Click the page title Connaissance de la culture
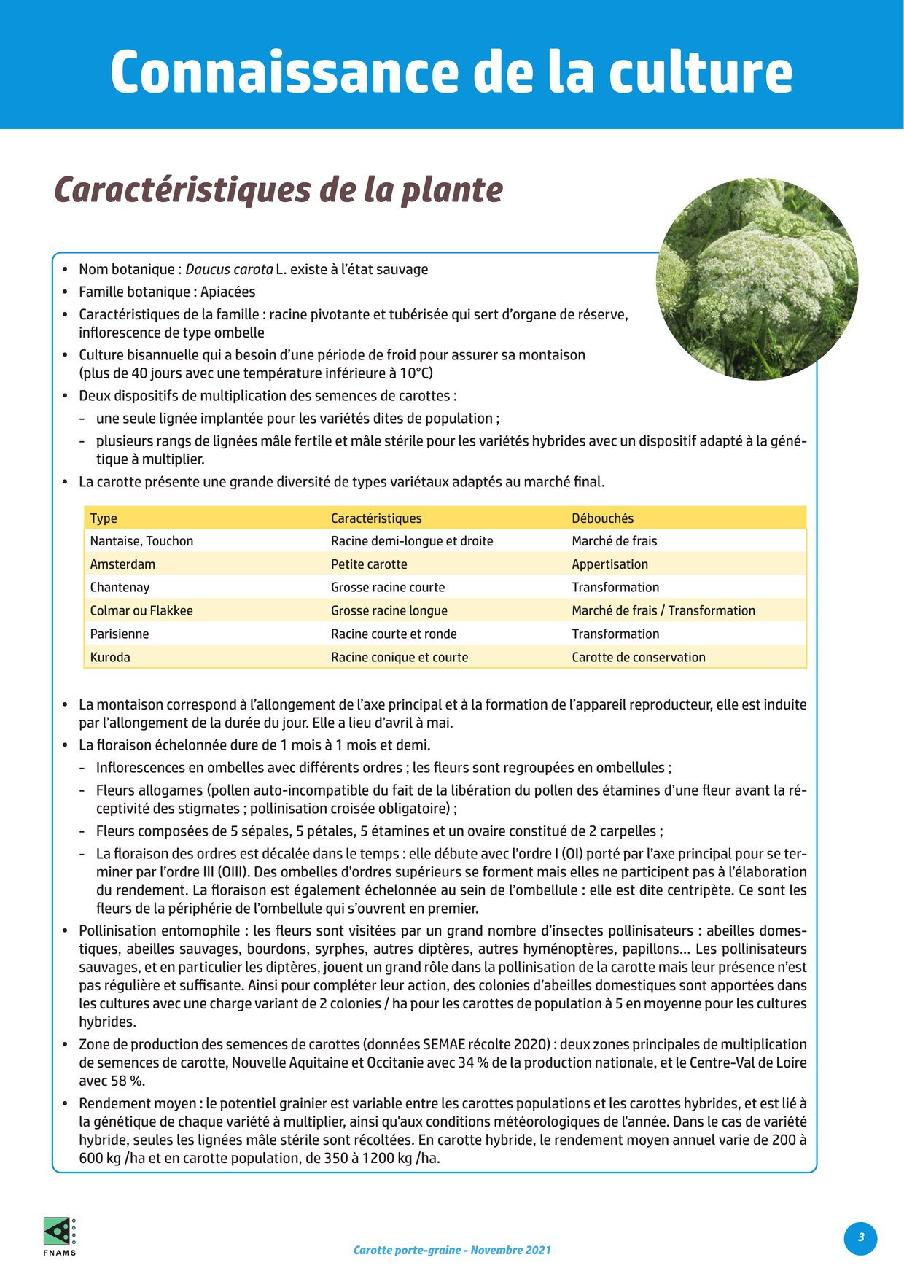[451, 71]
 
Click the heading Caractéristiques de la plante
[278, 190]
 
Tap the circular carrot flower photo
[757, 279]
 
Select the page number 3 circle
[860, 1237]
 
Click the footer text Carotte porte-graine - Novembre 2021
[452, 1250]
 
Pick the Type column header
[104, 518]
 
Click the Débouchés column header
[602, 518]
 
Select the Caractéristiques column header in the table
[376, 518]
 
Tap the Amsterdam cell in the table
[122, 564]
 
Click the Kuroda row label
[110, 657]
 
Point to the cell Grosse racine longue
[389, 611]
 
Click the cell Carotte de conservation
[639, 657]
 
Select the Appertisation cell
[609, 564]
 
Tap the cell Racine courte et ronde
[394, 634]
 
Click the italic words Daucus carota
[230, 269]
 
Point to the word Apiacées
[228, 292]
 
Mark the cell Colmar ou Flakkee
[141, 611]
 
